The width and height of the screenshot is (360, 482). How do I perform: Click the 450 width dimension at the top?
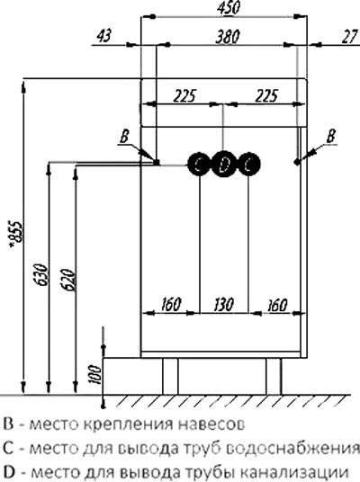click(228, 8)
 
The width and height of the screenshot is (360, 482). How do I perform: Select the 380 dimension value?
click(228, 37)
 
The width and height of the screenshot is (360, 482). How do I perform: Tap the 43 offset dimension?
click(104, 36)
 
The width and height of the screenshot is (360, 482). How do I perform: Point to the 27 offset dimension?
click(350, 37)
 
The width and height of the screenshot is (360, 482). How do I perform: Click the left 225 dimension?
click(184, 96)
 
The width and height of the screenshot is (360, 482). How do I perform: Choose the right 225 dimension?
click(266, 96)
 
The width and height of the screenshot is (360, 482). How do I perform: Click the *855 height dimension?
click(15, 234)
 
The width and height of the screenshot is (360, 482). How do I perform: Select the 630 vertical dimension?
click(41, 274)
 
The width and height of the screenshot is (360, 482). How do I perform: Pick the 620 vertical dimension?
click(67, 280)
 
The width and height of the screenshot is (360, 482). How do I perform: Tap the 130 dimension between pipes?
click(224, 305)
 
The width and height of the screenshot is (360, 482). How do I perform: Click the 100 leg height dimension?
click(95, 374)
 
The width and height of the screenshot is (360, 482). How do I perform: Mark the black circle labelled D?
click(224, 165)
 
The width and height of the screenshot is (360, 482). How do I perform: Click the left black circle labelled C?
click(199, 165)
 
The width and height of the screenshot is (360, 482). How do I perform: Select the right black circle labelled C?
click(249, 165)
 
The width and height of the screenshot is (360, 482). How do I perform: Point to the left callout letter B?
click(124, 136)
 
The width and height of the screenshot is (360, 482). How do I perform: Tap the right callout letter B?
click(331, 136)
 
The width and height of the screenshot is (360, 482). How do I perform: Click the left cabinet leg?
click(170, 376)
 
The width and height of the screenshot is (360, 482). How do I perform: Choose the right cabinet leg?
click(274, 376)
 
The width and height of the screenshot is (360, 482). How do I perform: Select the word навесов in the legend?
click(211, 424)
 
